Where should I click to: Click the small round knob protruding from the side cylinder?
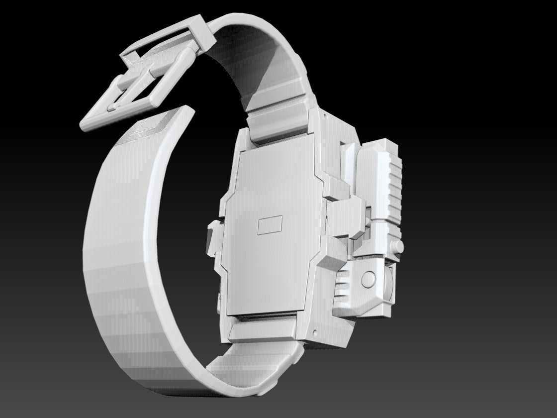(x=399, y=247)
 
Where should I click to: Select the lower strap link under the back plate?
(x=264, y=331)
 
